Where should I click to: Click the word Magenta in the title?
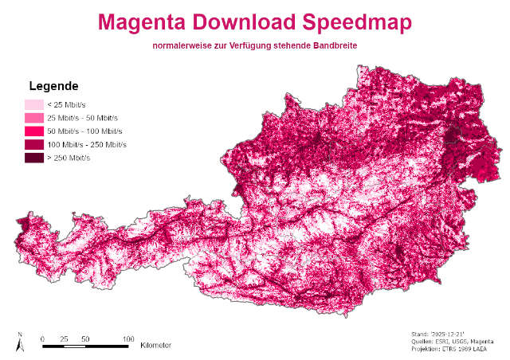coord(143,23)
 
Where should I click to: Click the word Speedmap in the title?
coord(355,23)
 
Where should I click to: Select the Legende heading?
coord(53,86)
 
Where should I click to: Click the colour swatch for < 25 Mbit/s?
coord(33,104)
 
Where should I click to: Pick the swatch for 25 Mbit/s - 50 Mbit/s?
coord(33,118)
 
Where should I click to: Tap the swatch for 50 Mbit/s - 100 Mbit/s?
coord(33,131)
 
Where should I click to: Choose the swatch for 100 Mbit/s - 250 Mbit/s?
coord(33,145)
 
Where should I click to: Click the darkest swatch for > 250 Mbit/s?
coord(33,158)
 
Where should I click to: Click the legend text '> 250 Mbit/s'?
coord(69,158)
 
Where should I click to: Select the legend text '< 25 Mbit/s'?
coord(68,104)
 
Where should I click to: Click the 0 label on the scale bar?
coord(42,338)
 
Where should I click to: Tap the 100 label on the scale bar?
coord(127,338)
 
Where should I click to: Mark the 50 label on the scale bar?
coord(84,338)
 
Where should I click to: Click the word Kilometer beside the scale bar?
coord(155,346)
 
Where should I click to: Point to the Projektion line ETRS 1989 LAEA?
coord(451,349)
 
